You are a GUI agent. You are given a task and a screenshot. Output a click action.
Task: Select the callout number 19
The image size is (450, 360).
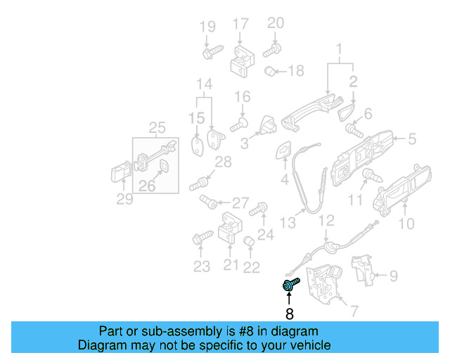(207, 27)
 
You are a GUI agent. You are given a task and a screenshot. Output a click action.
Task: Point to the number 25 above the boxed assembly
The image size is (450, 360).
(157, 127)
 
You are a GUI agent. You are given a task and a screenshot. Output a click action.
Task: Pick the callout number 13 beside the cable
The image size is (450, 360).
(288, 223)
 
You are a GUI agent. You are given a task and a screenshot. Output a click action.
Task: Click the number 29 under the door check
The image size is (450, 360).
(124, 200)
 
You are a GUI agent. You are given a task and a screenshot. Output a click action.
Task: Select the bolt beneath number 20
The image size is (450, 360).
(273, 50)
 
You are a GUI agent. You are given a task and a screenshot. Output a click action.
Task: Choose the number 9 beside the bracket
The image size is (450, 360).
(393, 276)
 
